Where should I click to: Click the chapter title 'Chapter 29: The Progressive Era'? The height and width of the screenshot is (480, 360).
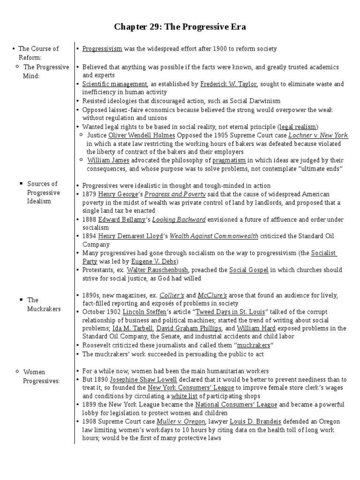point(180,27)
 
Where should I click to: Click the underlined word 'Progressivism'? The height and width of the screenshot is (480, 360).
point(102,49)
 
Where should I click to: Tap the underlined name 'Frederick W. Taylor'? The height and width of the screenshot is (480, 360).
point(228,84)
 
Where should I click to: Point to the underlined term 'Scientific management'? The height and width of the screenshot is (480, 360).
point(114,84)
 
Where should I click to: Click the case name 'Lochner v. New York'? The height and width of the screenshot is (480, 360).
point(318,135)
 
